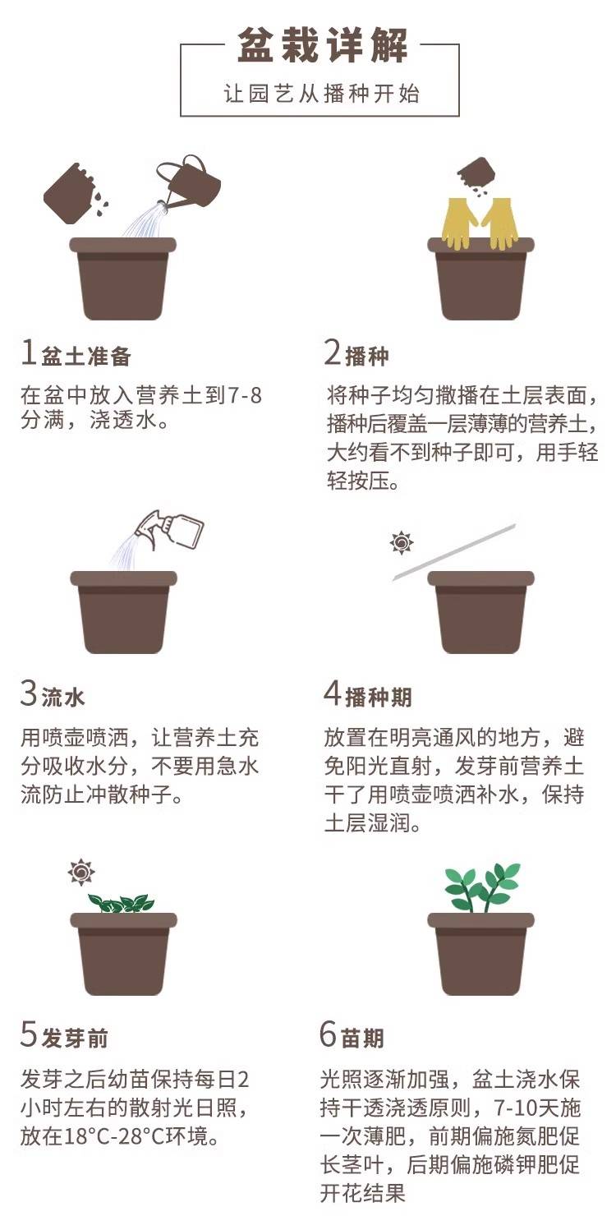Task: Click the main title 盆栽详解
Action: coord(323,45)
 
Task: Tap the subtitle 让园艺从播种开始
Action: coord(321,94)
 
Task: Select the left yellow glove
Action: coord(458,223)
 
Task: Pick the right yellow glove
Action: coord(500,223)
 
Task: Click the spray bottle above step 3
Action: coord(171,529)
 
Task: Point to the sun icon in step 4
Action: coord(402,542)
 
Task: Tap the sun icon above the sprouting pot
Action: coord(81,873)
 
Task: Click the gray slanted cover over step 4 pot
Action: coord(453,552)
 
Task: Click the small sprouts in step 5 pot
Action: coord(121,903)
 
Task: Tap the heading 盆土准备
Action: coord(86,357)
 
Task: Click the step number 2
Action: coord(332,352)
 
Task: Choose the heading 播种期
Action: coord(379,698)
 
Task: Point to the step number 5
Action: coord(28,1034)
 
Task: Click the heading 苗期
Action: coord(363,1038)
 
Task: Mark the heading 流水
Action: coord(63,698)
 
